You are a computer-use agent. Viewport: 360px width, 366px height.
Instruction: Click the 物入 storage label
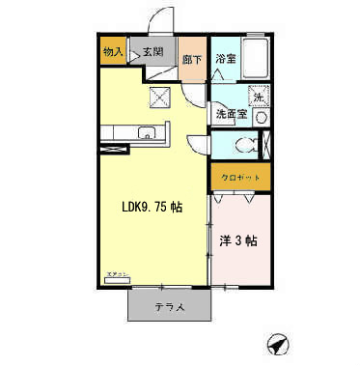[x=112, y=50]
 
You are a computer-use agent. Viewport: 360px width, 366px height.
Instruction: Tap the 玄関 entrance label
[x=153, y=50]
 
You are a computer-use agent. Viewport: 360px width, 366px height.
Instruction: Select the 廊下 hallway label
[x=192, y=59]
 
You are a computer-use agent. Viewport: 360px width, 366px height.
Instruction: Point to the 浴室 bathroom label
[x=225, y=59]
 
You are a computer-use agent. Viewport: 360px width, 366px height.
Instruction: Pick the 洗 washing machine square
[x=259, y=96]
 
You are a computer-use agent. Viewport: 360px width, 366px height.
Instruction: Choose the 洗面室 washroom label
[x=231, y=114]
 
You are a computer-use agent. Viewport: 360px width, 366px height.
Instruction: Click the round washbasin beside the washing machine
[x=261, y=116]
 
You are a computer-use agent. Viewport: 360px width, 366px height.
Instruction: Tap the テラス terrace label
[x=169, y=306]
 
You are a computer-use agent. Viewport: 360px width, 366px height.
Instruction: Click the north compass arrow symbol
[x=277, y=342]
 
